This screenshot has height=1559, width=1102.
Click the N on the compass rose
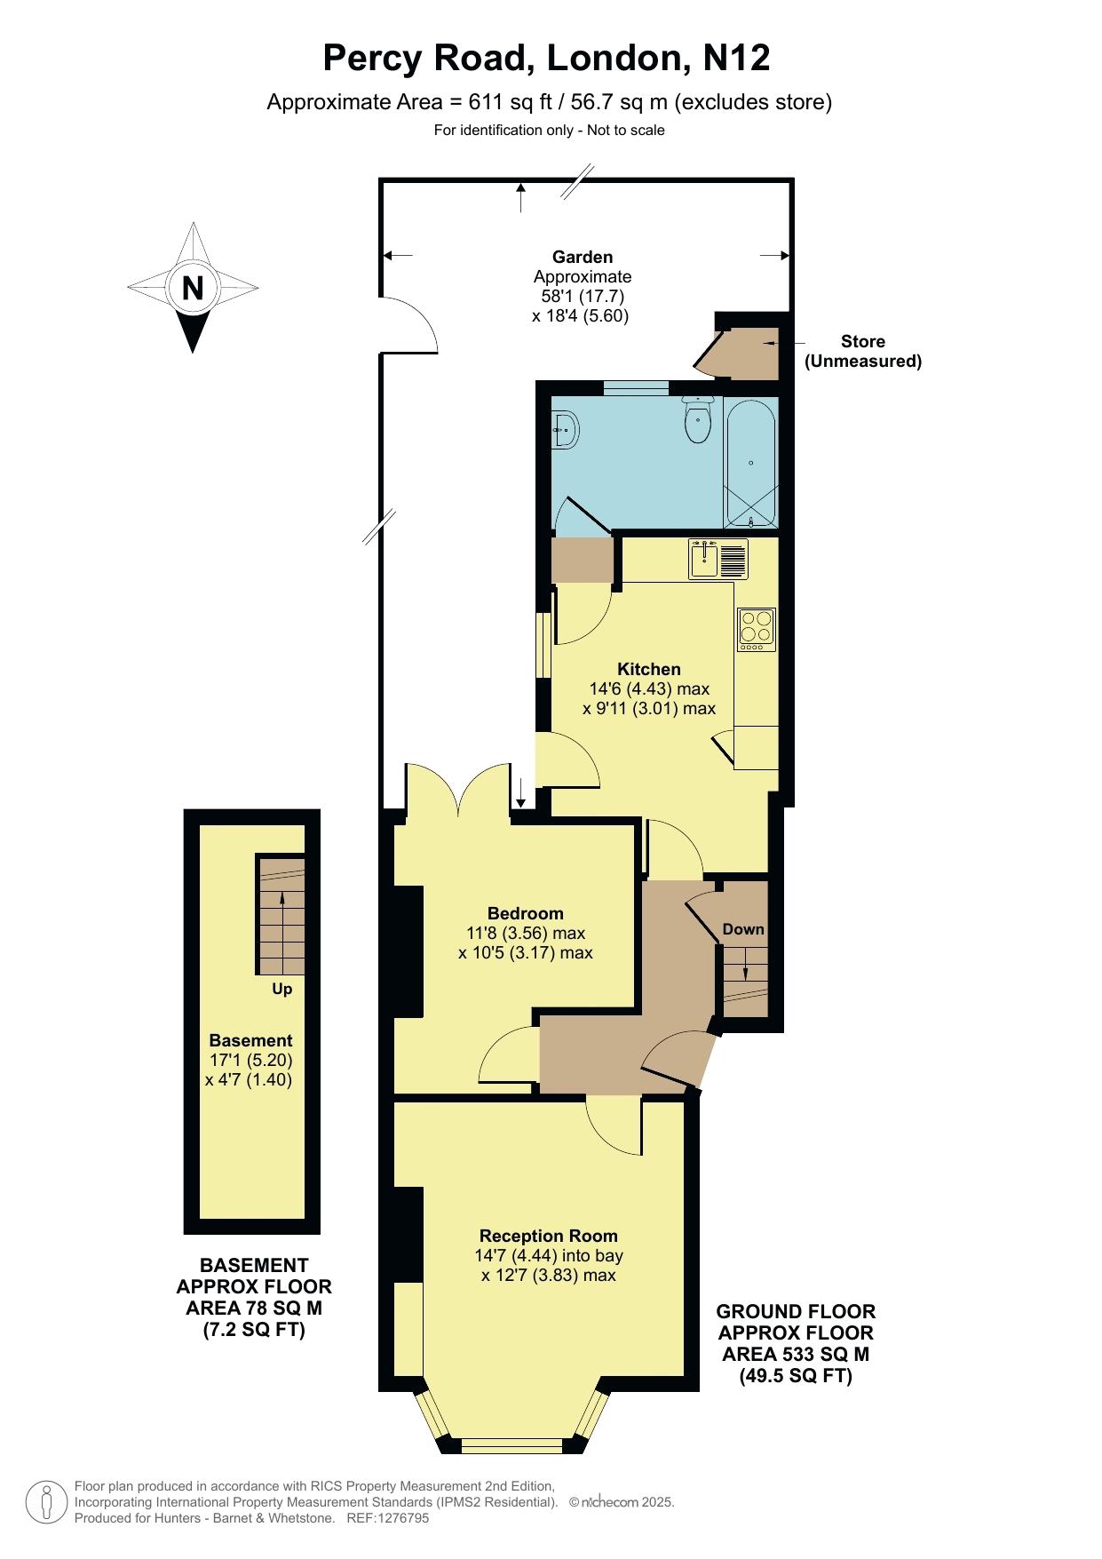coord(193,289)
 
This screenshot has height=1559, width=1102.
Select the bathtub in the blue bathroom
coord(751,463)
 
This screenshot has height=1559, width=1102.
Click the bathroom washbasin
coord(566,430)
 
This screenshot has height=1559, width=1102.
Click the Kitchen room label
coord(649,669)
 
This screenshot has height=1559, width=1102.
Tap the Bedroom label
coord(526,913)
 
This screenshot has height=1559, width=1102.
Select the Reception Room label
coord(549,1236)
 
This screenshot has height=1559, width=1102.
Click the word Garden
coord(583,257)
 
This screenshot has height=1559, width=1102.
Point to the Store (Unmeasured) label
coord(863,351)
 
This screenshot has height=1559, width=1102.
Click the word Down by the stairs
coord(743,929)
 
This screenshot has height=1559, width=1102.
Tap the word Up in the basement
coord(282,989)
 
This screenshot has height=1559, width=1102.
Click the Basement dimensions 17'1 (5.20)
coord(251,1060)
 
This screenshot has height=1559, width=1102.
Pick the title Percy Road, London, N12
coord(546,58)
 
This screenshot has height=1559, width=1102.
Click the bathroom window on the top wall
coord(636,387)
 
